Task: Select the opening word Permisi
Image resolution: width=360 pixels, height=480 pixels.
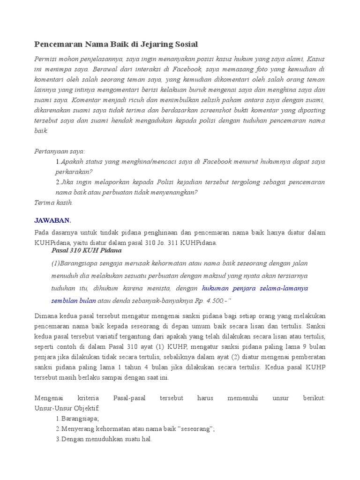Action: (x=47, y=59)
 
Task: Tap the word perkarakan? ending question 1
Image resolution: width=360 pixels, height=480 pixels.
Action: (x=74, y=172)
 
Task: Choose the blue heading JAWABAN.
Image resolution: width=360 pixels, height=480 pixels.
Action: (x=52, y=220)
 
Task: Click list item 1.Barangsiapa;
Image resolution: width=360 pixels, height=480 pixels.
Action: (x=77, y=419)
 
